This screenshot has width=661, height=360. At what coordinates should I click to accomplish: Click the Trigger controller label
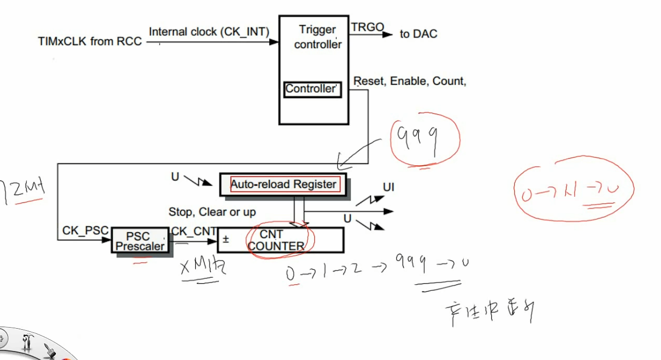click(317, 37)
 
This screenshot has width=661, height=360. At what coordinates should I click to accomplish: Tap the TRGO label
click(367, 27)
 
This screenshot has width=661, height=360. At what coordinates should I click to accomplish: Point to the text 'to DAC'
click(419, 34)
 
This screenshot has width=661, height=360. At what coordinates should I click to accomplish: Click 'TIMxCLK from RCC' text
click(90, 41)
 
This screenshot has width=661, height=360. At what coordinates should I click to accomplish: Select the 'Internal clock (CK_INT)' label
click(209, 32)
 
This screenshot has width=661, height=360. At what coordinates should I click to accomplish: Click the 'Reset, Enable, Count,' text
click(410, 81)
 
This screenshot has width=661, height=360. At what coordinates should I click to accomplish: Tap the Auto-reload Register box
click(284, 184)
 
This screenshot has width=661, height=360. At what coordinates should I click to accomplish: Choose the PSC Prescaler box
click(140, 242)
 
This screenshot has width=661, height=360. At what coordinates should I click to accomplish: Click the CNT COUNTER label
click(276, 241)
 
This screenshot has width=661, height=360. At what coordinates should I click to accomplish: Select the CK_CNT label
click(194, 231)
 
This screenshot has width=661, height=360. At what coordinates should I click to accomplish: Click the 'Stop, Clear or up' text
click(212, 212)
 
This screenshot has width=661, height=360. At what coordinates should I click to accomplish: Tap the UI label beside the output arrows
click(389, 187)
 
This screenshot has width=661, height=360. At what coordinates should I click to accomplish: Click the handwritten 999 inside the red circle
click(418, 138)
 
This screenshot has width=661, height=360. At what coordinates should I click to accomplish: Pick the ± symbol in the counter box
click(226, 239)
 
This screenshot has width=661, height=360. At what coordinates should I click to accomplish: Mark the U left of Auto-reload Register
click(175, 177)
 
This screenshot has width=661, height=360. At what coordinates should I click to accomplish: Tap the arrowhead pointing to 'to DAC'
click(387, 34)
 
